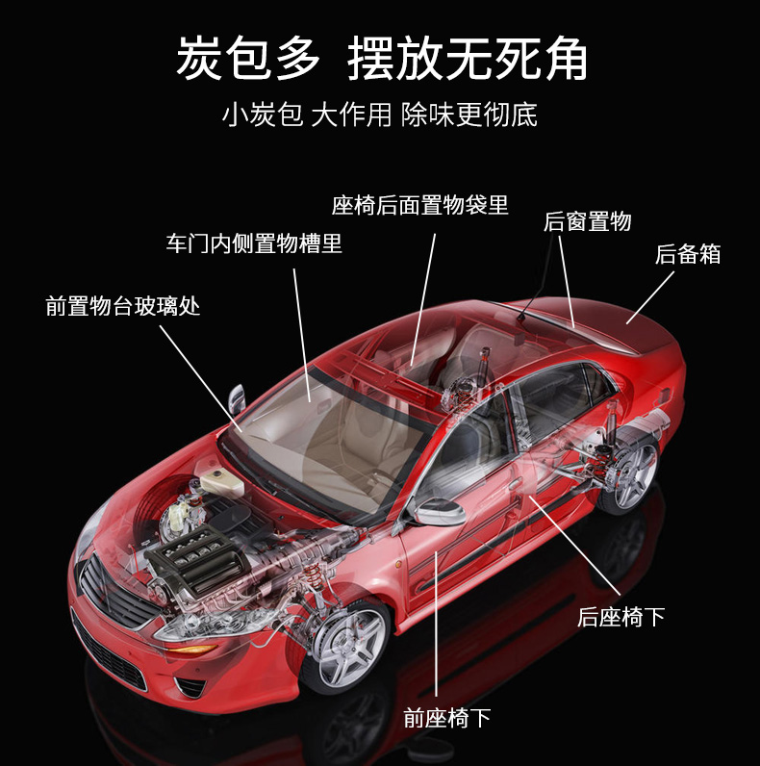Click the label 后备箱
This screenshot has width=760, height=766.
[x=687, y=254]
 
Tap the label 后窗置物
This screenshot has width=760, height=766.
[x=587, y=221]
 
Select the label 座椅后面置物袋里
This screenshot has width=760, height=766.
[x=419, y=205]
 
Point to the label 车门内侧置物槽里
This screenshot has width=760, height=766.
[x=254, y=243]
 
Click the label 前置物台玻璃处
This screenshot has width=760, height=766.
[x=123, y=306]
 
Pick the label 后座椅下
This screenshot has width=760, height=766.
[x=621, y=616]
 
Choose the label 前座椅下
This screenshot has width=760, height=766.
[x=447, y=717]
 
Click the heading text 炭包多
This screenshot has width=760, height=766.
[x=247, y=60]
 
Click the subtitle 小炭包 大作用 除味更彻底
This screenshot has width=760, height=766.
[x=379, y=115]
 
